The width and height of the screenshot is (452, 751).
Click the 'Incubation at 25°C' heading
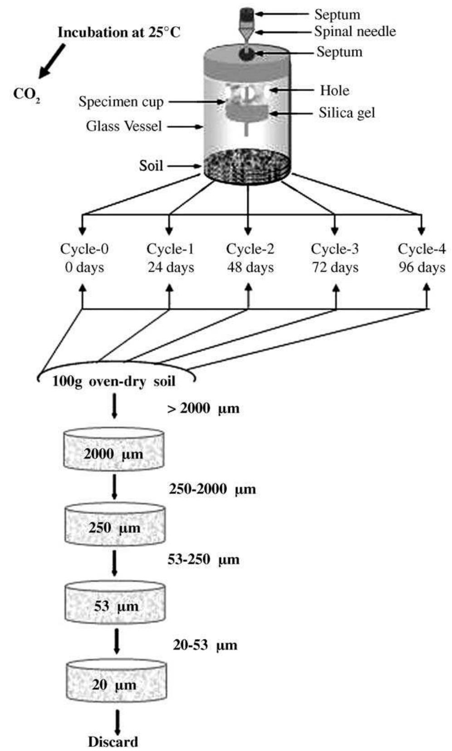[119, 33]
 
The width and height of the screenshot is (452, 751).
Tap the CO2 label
[26, 94]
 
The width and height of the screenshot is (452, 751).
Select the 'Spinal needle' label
[355, 31]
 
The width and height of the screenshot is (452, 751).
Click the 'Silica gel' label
[347, 112]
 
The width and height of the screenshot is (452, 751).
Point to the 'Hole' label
[334, 90]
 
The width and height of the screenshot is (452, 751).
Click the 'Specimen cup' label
[121, 102]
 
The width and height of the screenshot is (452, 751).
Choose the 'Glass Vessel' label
[123, 126]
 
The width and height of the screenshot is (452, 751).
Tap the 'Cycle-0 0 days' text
[84, 258]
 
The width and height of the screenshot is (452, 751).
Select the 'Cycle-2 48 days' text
[250, 258]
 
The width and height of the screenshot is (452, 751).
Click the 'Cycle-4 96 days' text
[422, 258]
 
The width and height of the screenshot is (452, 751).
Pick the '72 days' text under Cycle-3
[335, 268]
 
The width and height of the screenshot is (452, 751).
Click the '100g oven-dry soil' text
[113, 381]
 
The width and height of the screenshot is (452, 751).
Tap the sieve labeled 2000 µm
[113, 449]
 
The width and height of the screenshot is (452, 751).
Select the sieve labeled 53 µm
[115, 601]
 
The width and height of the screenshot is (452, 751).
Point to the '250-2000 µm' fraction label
[212, 489]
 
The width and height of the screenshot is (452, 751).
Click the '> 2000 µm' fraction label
[203, 409]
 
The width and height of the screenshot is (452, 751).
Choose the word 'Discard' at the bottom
[113, 742]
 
